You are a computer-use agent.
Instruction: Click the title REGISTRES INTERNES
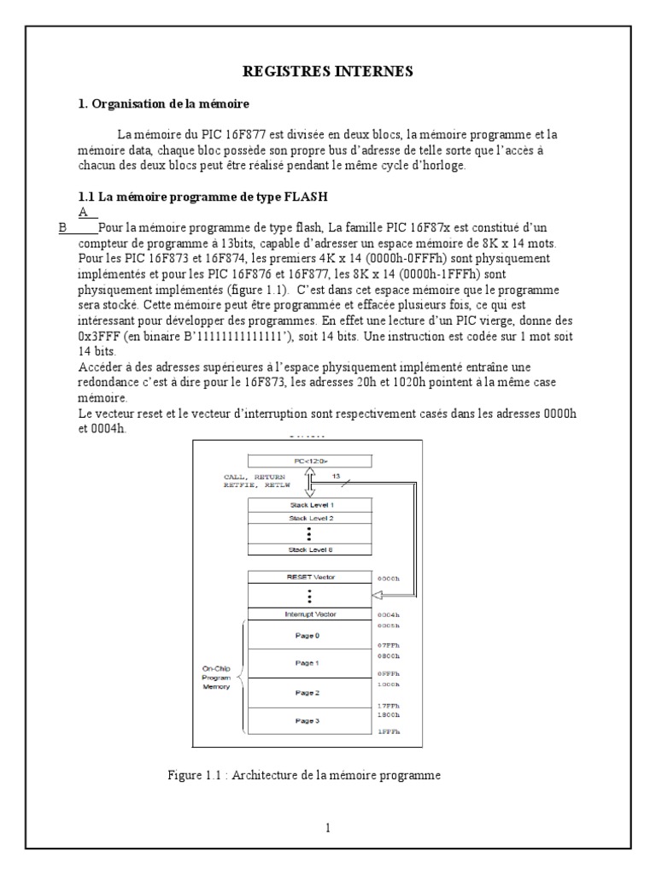[x=328, y=73]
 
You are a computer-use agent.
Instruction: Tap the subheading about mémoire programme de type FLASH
[x=203, y=197]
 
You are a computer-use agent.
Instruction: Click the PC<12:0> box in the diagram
[x=310, y=461]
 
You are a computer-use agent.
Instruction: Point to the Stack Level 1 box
[x=310, y=505]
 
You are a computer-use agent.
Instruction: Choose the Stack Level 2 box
[x=310, y=518]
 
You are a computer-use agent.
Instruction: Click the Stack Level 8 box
[x=310, y=549]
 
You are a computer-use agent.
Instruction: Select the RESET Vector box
[x=310, y=577]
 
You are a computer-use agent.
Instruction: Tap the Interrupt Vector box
[x=310, y=614]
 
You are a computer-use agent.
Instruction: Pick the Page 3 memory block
[x=310, y=720]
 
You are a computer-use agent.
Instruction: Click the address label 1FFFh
[x=389, y=732]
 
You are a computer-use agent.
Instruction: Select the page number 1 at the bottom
[x=328, y=827]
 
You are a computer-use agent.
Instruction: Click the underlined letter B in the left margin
[x=61, y=227]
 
